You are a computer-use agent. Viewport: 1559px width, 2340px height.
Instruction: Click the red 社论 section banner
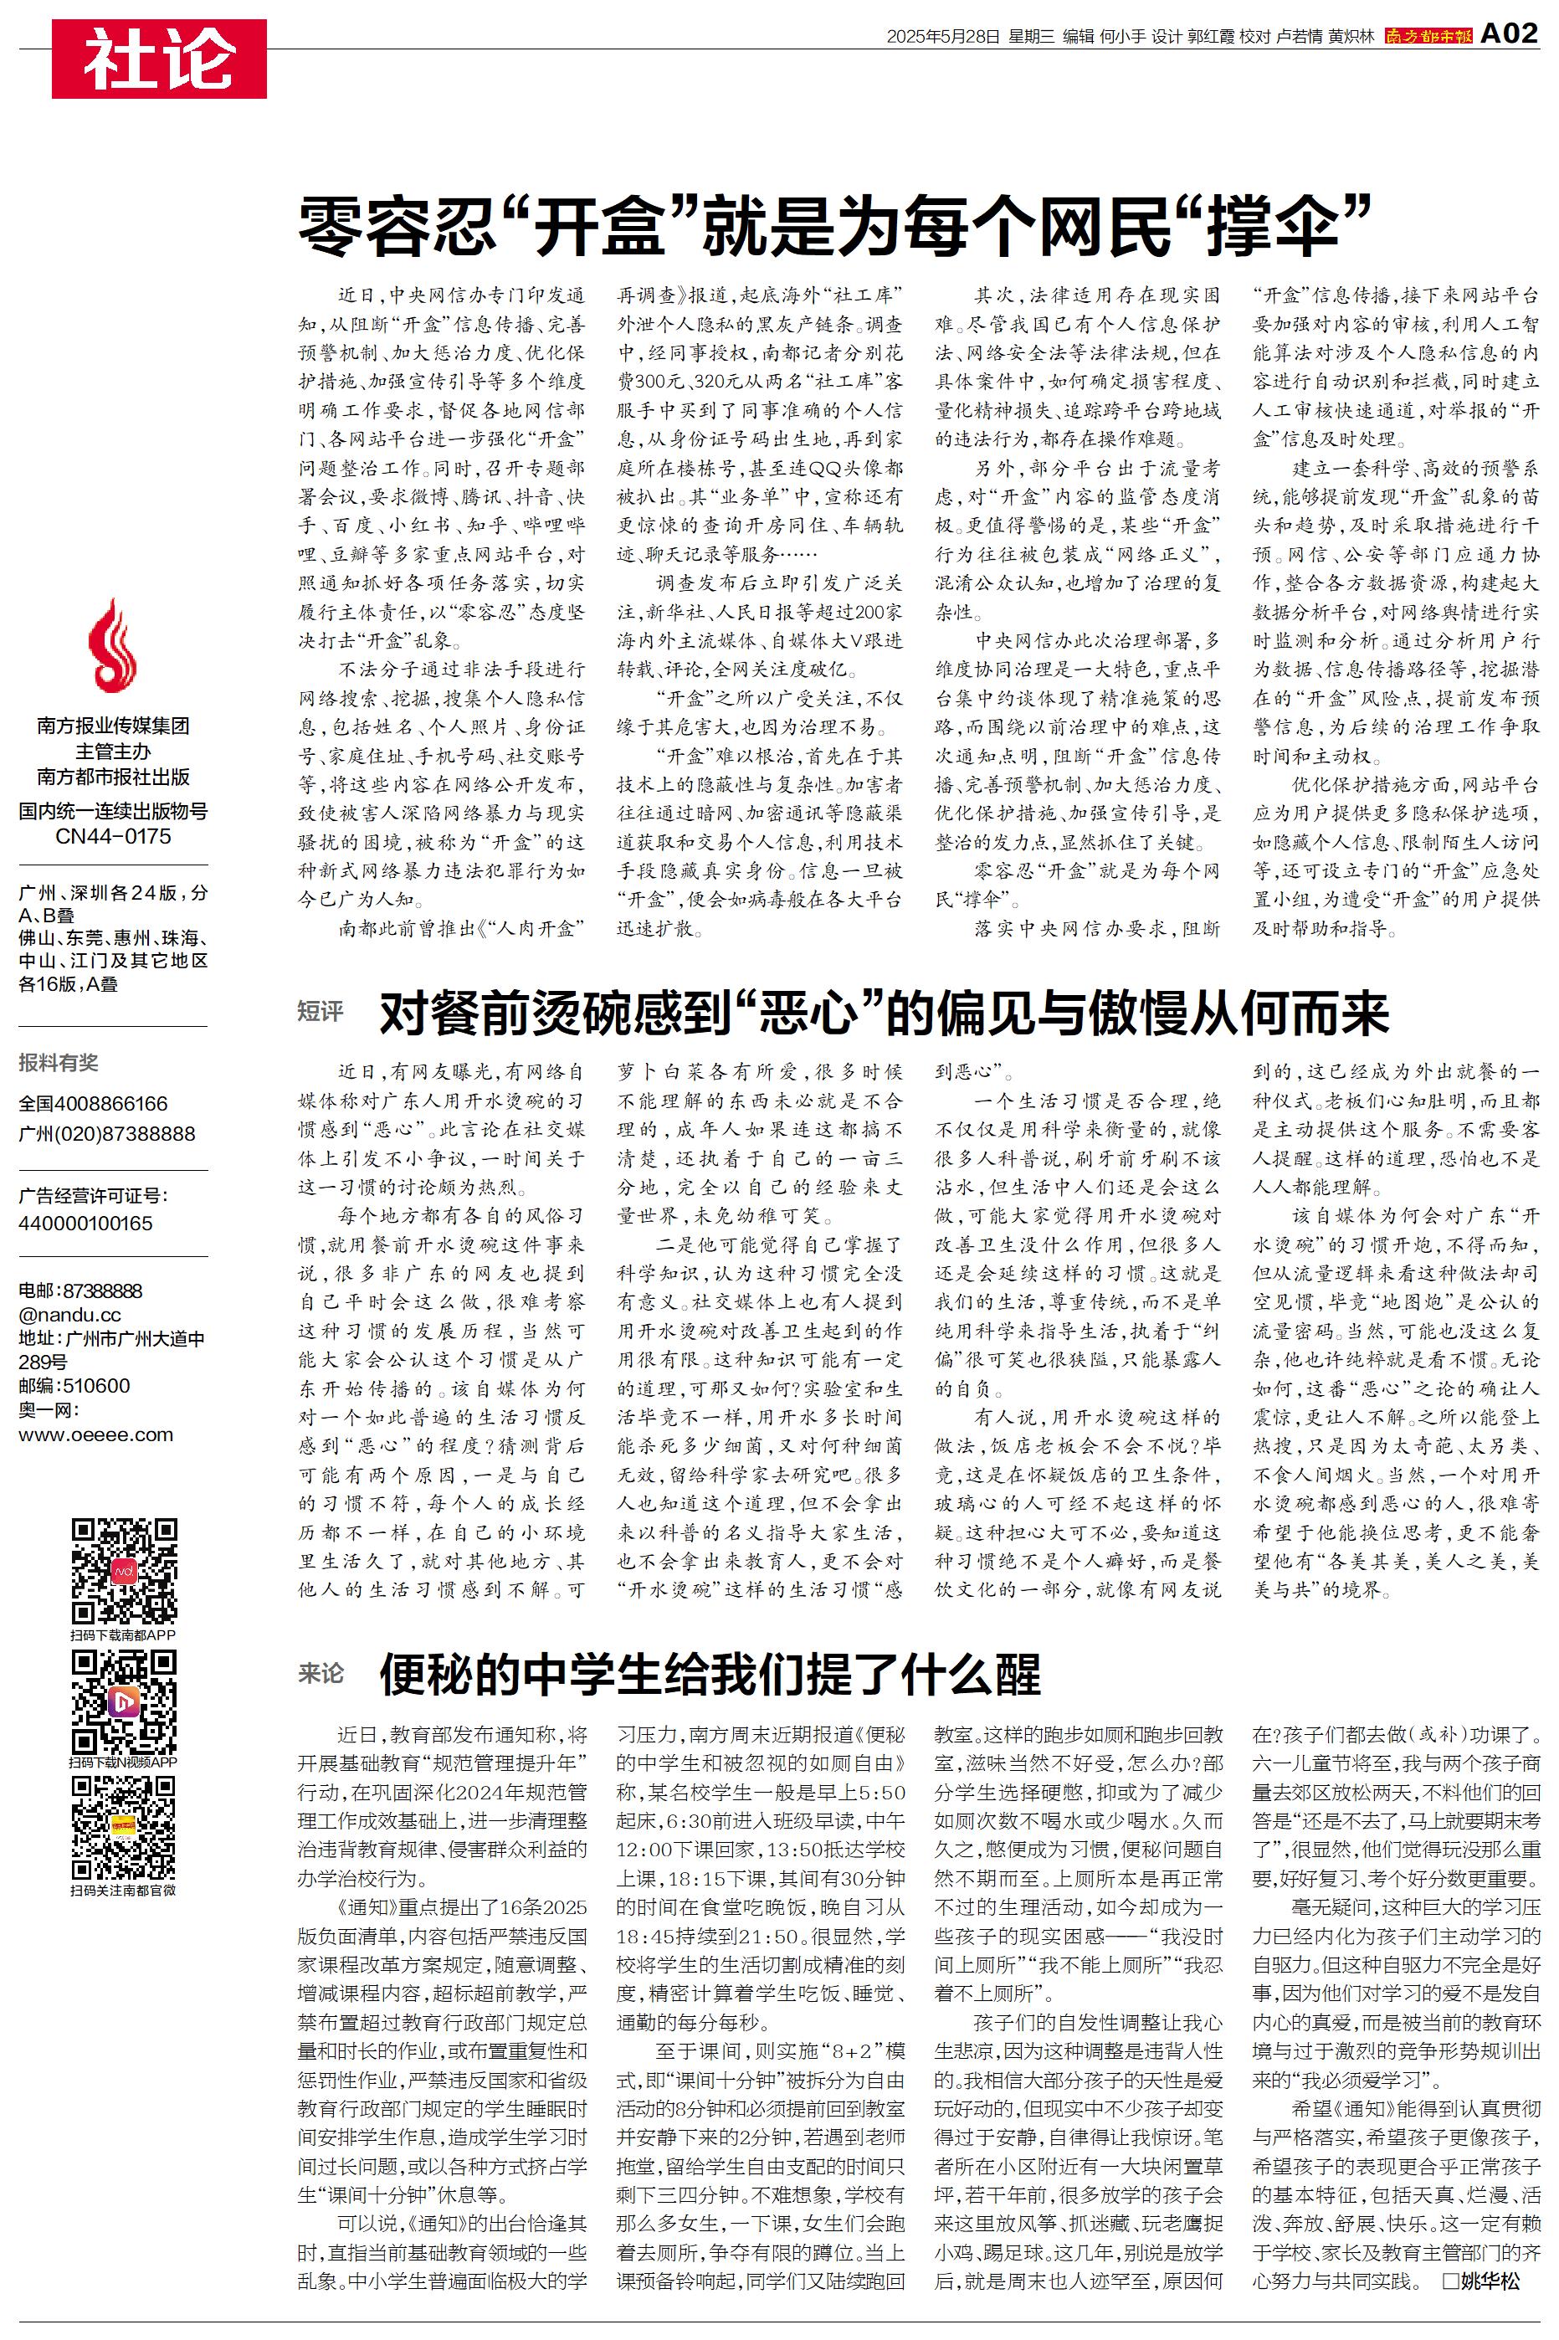coord(159,59)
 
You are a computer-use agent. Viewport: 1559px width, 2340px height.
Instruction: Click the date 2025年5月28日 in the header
coord(942,37)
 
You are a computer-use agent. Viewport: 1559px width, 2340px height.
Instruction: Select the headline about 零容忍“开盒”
coord(835,227)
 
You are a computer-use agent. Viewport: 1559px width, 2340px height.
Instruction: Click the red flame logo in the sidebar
coord(112,647)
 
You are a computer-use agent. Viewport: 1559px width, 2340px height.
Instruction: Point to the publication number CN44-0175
coord(112,836)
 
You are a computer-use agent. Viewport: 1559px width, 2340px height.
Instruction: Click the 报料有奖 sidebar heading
coord(59,1063)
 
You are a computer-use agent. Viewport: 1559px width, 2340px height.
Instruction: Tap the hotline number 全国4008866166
coord(94,1103)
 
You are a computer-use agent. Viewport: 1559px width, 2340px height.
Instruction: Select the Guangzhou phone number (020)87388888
coord(106,1133)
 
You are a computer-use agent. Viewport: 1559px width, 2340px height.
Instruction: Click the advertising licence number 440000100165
coord(85,1224)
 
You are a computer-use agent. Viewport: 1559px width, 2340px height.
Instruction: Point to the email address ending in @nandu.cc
coord(69,1314)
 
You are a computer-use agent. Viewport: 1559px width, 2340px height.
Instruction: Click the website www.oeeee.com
coord(95,1434)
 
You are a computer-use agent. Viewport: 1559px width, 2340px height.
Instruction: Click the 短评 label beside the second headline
coord(321,1012)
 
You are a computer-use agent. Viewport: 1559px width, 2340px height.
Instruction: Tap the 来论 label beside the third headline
coord(321,1674)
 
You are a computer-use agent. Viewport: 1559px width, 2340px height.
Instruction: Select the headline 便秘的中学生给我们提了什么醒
coord(710,1675)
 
